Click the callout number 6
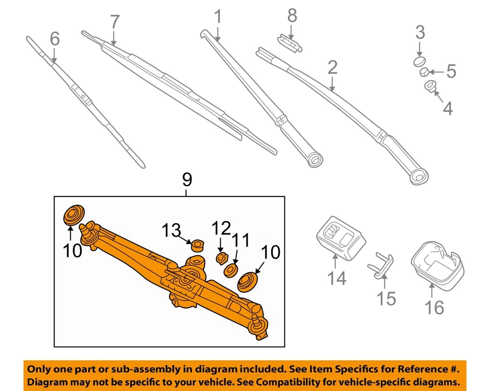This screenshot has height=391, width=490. [54, 38]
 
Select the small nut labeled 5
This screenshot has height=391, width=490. [425, 73]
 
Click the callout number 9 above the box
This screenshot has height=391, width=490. [187, 179]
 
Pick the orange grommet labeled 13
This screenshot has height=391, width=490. [197, 245]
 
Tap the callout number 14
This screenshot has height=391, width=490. [336, 278]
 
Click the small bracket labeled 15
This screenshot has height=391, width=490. [381, 263]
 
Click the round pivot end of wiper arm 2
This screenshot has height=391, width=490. [421, 177]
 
